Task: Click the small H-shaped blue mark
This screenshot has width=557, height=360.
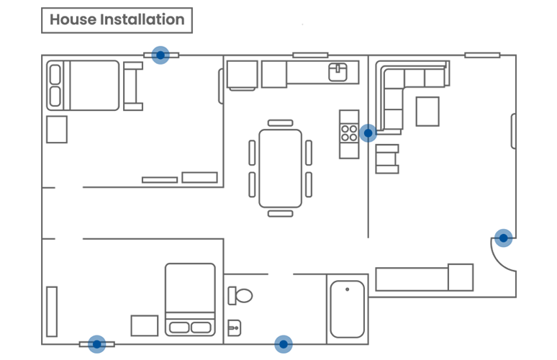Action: pyautogui.click(x=368, y=133)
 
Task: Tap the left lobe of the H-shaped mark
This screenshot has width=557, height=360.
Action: pyautogui.click(x=363, y=133)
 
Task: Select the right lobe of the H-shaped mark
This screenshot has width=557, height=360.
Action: pyautogui.click(x=372, y=133)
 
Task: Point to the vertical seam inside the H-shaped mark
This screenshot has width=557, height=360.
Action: pyautogui.click(x=368, y=133)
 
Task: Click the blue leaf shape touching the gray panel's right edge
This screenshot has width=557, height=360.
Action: pyautogui.click(x=502, y=235)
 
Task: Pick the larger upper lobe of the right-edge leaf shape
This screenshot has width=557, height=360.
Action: pyautogui.click(x=499, y=226)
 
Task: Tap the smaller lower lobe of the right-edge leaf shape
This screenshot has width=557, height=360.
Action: pyautogui.click(x=506, y=247)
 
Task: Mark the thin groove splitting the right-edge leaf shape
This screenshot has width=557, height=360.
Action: pyautogui.click(x=503, y=238)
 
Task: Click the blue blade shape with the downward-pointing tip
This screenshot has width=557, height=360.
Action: pyautogui.click(x=160, y=66)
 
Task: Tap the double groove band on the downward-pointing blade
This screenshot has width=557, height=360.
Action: pyautogui.click(x=160, y=55)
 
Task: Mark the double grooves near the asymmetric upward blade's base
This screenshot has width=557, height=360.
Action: pyautogui.click(x=97, y=343)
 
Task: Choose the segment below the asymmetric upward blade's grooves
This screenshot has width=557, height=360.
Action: pyautogui.click(x=97, y=350)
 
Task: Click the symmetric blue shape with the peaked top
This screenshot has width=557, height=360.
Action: pyautogui.click(x=284, y=328)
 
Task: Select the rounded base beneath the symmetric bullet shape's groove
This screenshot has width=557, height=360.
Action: pyautogui.click(x=284, y=349)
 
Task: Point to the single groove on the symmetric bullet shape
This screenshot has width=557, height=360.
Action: pyautogui.click(x=284, y=343)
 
